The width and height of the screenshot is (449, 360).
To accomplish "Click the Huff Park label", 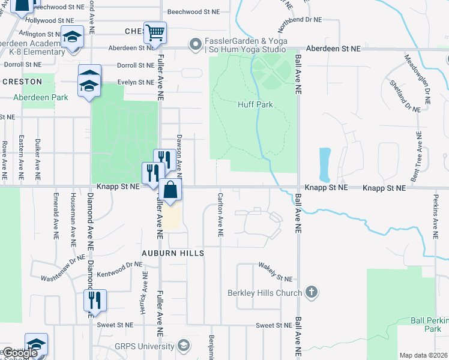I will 256,104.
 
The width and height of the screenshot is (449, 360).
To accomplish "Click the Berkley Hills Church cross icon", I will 311,292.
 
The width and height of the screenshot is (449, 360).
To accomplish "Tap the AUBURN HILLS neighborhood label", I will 173,253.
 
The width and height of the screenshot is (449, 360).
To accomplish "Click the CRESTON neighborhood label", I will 22,82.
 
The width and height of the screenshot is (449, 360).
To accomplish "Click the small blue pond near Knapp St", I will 325,164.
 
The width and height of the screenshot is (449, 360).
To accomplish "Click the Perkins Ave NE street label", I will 436,215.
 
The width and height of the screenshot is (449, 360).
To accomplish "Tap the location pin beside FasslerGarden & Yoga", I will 194,44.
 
